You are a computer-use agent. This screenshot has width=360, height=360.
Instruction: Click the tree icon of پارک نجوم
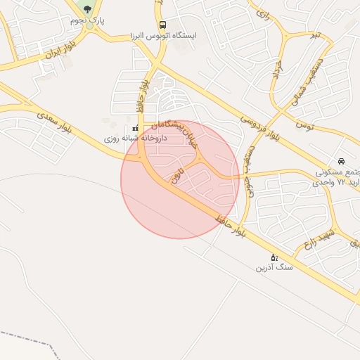pos(87,9)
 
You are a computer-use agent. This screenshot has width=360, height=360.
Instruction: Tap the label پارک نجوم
pos(87,20)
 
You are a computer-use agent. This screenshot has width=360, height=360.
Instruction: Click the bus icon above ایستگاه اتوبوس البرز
pos(163,25)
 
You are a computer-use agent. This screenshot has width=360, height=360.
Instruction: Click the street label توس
pos(304,124)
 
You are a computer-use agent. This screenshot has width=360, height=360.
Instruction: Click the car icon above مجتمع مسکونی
pos(342,161)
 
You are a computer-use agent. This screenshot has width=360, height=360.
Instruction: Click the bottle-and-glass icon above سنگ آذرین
pos(274,257)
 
